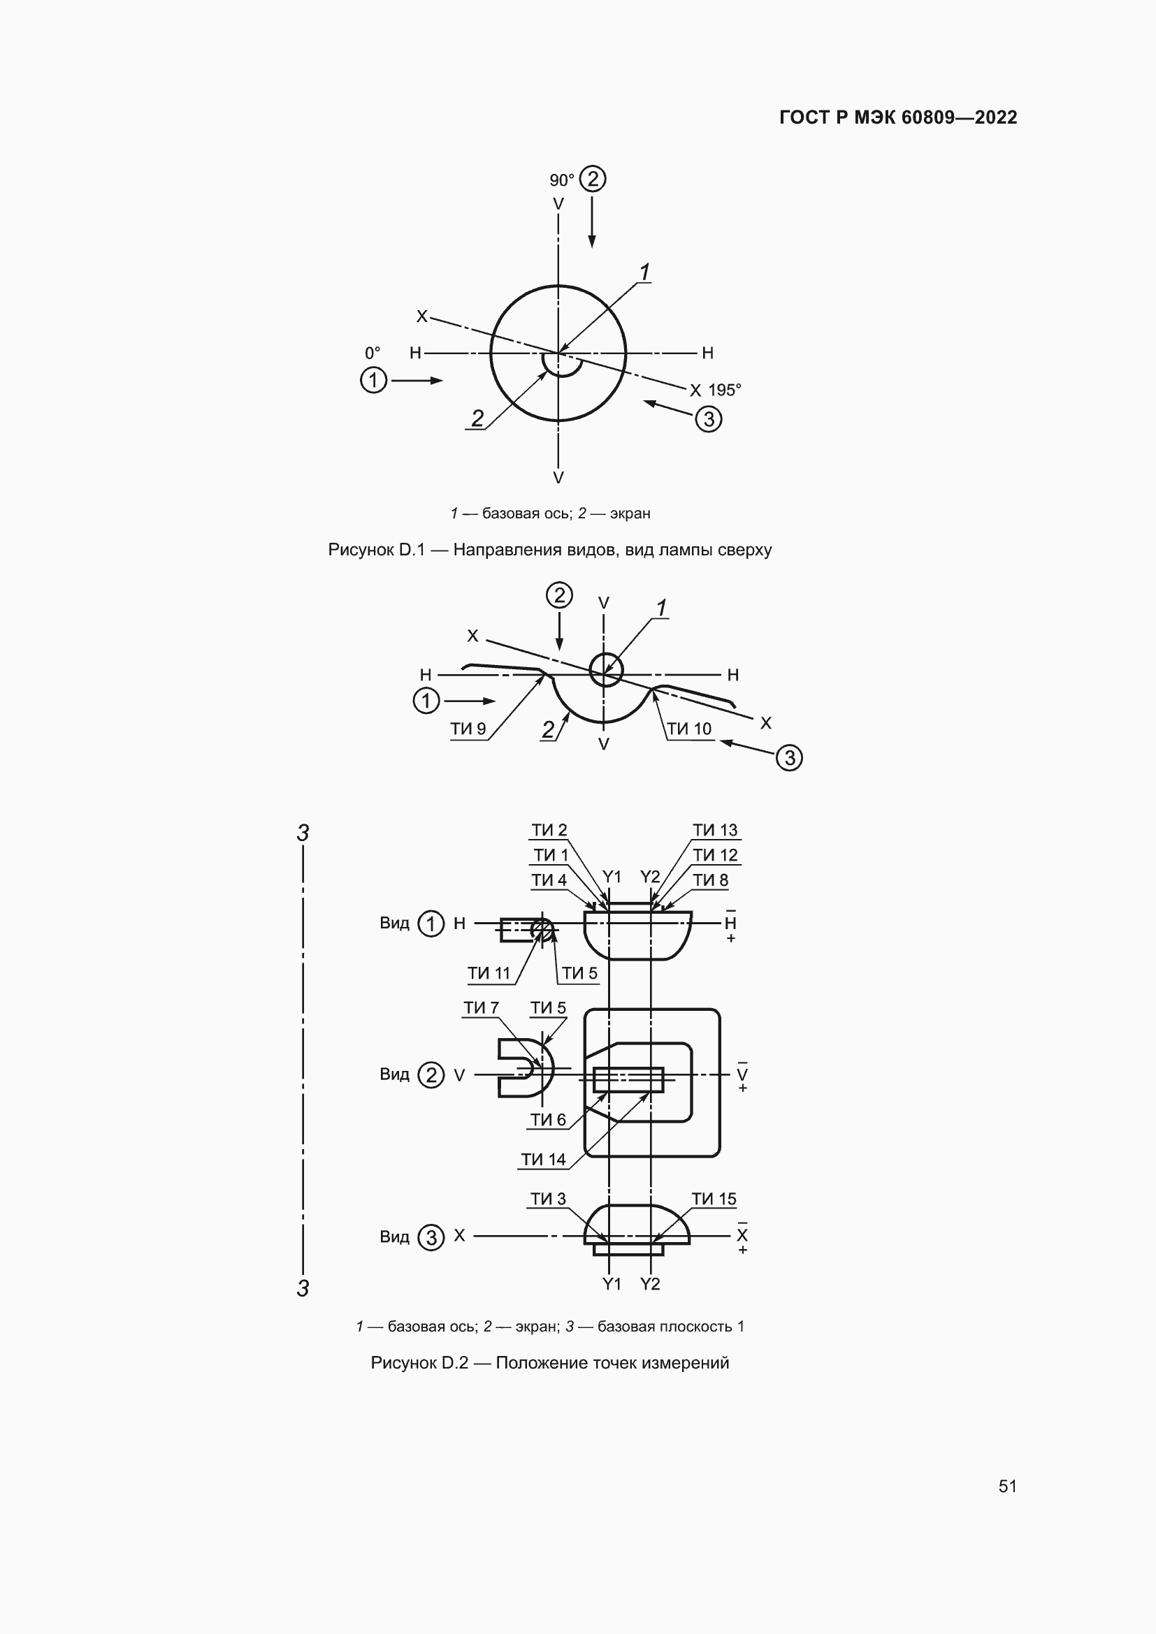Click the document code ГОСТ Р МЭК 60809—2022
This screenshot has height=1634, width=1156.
tap(898, 117)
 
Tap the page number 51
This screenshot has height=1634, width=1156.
tap(1007, 1486)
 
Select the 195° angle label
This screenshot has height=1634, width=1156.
tap(725, 390)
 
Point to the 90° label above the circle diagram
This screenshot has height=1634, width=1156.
tap(562, 180)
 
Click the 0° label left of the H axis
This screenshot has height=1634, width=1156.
tap(373, 353)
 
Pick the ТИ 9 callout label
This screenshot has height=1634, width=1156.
tap(468, 729)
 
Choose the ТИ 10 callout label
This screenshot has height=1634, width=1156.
tap(689, 729)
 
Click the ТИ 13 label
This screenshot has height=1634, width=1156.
tap(715, 830)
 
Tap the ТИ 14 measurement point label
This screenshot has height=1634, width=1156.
tap(543, 1160)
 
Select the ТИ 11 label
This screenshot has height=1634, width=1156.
tap(489, 973)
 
